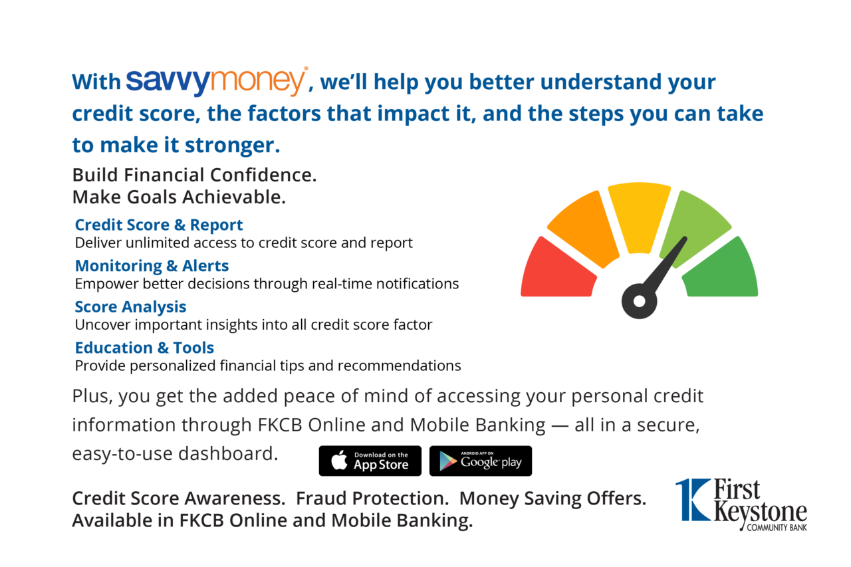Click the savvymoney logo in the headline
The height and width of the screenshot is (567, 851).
tap(216, 81)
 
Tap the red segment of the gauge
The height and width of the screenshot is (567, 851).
tap(557, 270)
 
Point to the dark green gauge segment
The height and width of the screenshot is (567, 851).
tap(722, 270)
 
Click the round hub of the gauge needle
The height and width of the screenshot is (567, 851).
tap(639, 301)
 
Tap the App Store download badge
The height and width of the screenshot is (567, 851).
tap(370, 461)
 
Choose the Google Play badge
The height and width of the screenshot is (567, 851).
tap(480, 461)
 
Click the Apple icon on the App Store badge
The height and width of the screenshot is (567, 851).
tap(339, 460)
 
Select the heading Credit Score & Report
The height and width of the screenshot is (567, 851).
tap(159, 225)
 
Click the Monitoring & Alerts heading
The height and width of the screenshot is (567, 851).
tap(152, 266)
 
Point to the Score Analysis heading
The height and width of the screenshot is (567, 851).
tap(130, 307)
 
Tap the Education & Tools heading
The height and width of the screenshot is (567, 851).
tap(144, 348)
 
